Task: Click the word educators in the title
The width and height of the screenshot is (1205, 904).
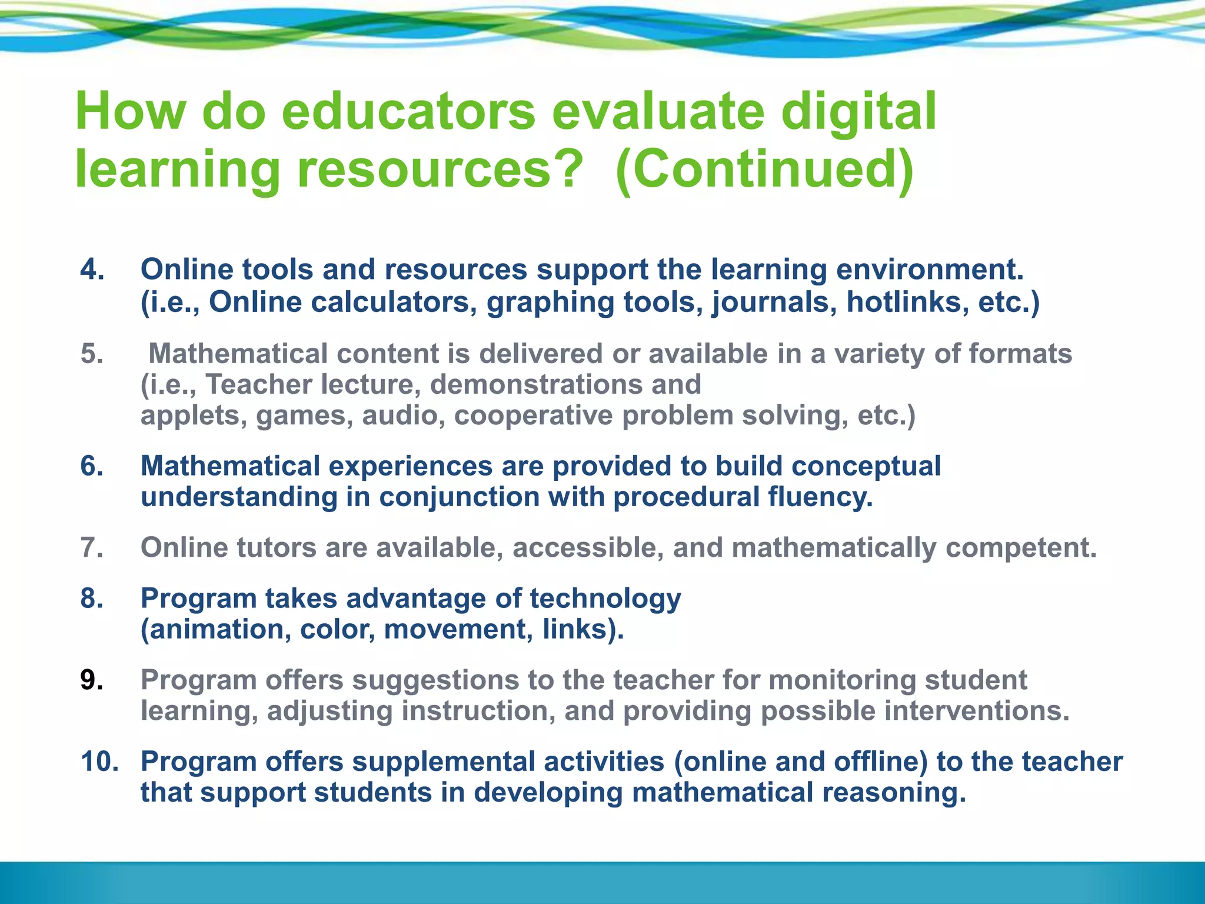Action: (408, 112)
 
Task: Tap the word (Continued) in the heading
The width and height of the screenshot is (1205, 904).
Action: (764, 169)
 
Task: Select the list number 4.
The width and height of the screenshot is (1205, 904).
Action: (92, 270)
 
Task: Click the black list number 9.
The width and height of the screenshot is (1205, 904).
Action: (92, 680)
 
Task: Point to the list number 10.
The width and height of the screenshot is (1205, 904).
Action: (99, 762)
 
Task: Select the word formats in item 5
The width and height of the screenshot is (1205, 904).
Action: (1020, 354)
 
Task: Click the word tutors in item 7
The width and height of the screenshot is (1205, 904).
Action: (277, 548)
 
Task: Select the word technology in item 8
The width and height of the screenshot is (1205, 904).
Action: (605, 599)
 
